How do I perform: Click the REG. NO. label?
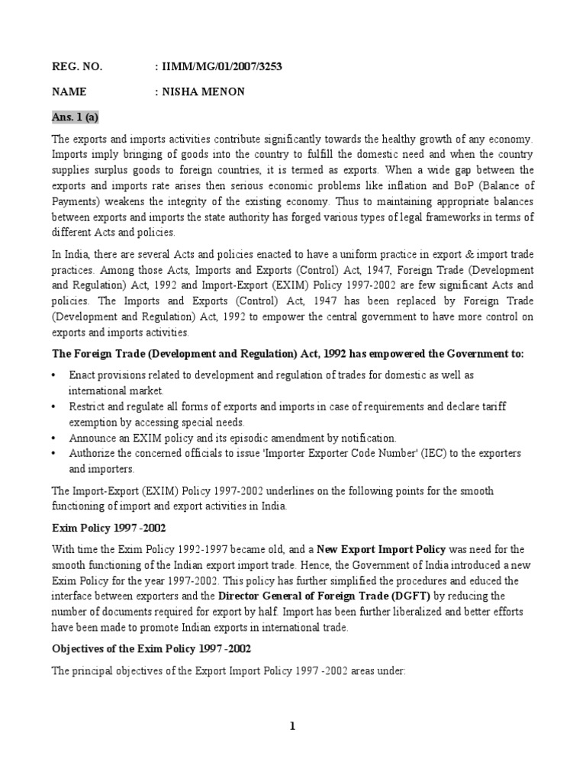[x=76, y=67]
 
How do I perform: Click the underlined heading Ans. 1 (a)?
[x=76, y=117]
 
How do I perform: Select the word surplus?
[x=102, y=169]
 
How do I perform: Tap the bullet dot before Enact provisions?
[x=54, y=377]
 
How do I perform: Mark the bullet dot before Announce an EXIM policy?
[x=54, y=439]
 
